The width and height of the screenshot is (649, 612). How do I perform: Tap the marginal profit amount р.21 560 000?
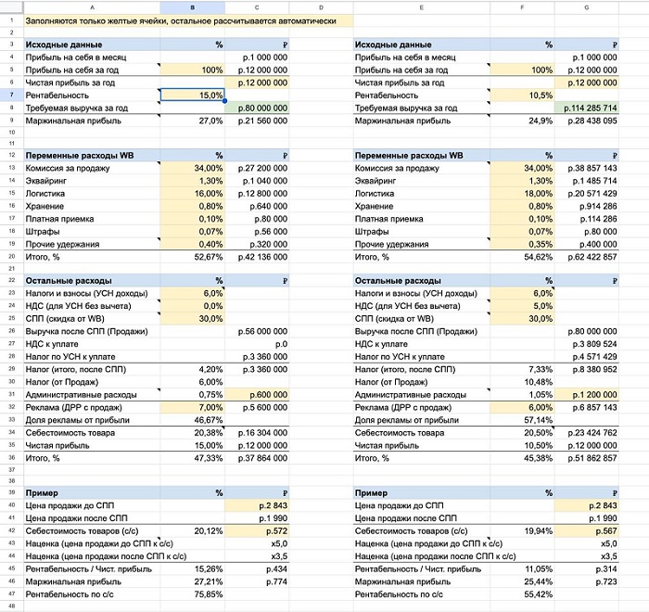click(x=262, y=121)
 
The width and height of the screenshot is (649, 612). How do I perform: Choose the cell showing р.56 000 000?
click(x=262, y=330)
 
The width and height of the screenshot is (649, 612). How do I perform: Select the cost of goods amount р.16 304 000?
click(x=262, y=432)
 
